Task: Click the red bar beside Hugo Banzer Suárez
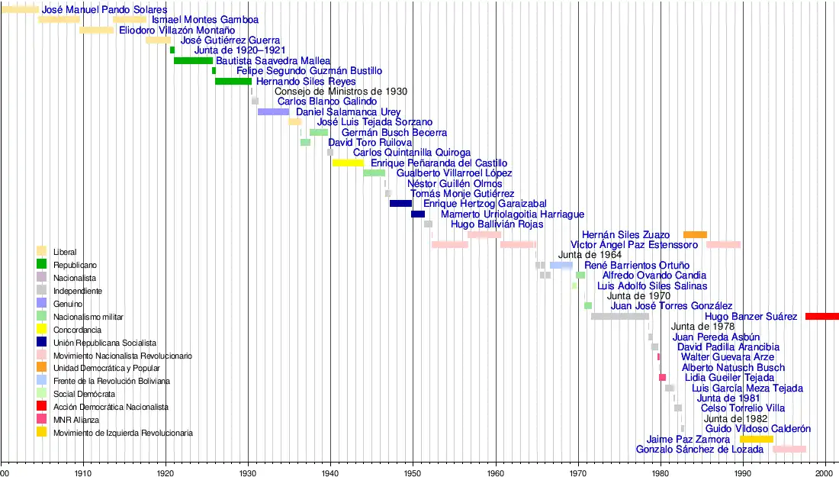pos(822,316)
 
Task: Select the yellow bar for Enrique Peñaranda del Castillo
pos(348,163)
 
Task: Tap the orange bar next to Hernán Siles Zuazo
pos(695,234)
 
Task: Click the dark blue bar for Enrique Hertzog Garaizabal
pos(400,204)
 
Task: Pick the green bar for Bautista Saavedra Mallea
pos(193,60)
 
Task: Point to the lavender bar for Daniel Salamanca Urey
pos(273,111)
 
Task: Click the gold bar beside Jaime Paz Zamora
pos(756,439)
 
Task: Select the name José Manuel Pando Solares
pos(104,9)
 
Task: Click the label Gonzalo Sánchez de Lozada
pos(701,450)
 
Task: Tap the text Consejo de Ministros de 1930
pos(340,92)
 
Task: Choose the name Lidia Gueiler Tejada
pos(729,378)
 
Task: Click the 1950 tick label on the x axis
pos(413,473)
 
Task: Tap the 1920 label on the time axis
pos(166,473)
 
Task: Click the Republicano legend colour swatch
pos(42,264)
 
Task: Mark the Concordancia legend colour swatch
pos(42,329)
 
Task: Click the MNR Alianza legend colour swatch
pos(42,419)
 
